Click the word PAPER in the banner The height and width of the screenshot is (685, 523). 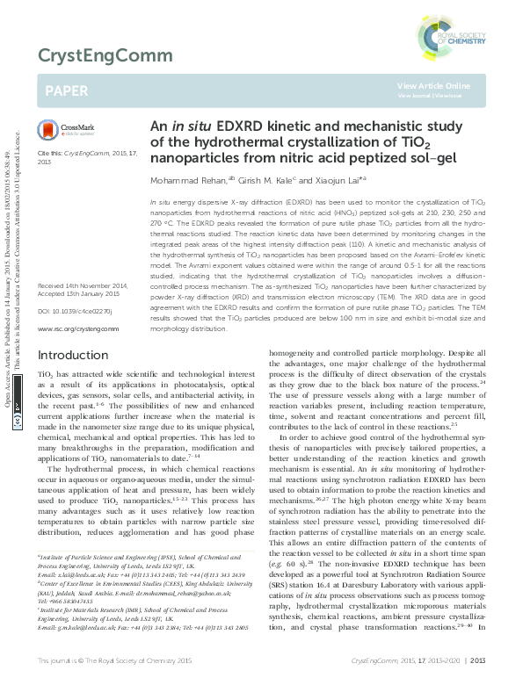click(68, 90)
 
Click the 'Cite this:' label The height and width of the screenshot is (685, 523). click(50, 153)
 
